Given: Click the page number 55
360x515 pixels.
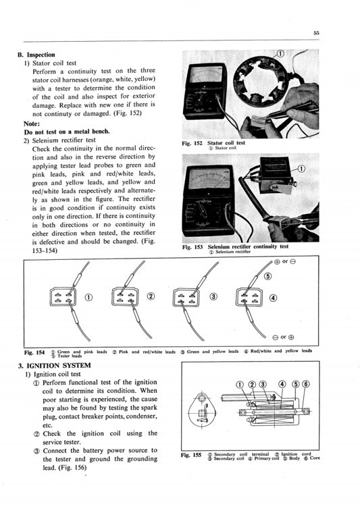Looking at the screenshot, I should [316, 32].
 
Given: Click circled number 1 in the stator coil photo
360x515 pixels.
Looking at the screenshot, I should [280, 53].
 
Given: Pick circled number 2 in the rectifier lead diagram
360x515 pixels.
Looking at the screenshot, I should [151, 297].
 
